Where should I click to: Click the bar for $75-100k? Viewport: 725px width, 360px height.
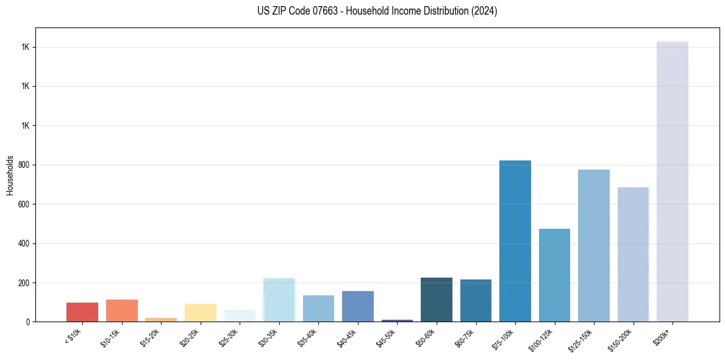click(x=515, y=241)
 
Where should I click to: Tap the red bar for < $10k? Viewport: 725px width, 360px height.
click(x=82, y=312)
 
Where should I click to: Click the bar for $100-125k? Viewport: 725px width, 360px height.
click(x=554, y=275)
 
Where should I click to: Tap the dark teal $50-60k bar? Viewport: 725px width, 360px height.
click(x=436, y=300)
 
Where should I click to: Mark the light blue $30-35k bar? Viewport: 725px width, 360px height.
click(x=279, y=300)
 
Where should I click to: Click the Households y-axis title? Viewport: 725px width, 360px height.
click(x=10, y=175)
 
